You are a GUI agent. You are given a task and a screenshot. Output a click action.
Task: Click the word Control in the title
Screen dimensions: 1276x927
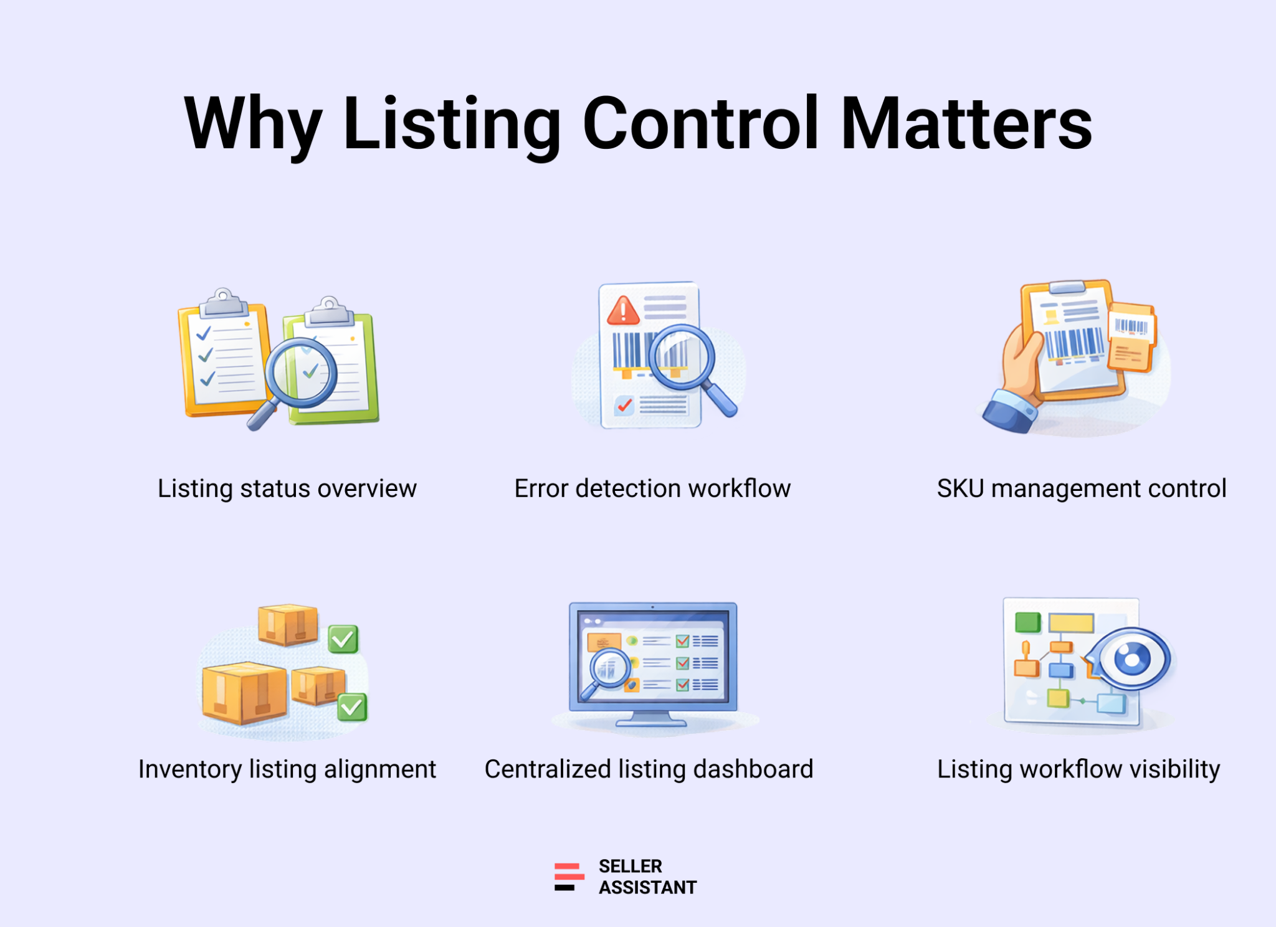point(700,123)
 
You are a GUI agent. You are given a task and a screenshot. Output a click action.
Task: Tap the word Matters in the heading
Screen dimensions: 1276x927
point(966,123)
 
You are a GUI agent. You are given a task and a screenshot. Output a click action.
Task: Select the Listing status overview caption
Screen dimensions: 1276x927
point(287,489)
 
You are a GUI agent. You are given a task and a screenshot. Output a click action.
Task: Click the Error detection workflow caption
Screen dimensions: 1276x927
point(652,489)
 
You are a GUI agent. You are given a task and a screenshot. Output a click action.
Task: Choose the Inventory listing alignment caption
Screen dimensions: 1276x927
point(287,769)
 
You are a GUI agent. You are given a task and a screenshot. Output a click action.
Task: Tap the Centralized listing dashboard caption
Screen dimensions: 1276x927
point(649,769)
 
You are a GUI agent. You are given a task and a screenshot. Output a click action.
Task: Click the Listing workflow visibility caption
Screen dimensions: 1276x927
point(1078,769)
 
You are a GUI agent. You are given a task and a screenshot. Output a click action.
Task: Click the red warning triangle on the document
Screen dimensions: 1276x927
point(623,311)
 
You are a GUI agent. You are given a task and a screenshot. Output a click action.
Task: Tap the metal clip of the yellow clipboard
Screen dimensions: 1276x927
point(224,302)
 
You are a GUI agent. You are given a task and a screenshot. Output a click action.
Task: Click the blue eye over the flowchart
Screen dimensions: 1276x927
point(1131,659)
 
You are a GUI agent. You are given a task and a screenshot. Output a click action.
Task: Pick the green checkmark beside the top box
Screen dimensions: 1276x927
point(343,639)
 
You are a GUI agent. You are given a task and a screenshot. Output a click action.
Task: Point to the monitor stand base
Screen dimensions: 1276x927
point(651,723)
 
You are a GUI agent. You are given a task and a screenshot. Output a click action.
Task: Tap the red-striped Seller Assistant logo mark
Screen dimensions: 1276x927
point(569,877)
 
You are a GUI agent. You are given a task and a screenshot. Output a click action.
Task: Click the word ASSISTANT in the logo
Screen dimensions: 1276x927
point(648,887)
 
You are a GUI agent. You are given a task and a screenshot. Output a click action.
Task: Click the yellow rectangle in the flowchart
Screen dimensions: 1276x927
point(1071,623)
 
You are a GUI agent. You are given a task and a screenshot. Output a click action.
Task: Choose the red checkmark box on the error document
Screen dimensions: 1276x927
point(624,406)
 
